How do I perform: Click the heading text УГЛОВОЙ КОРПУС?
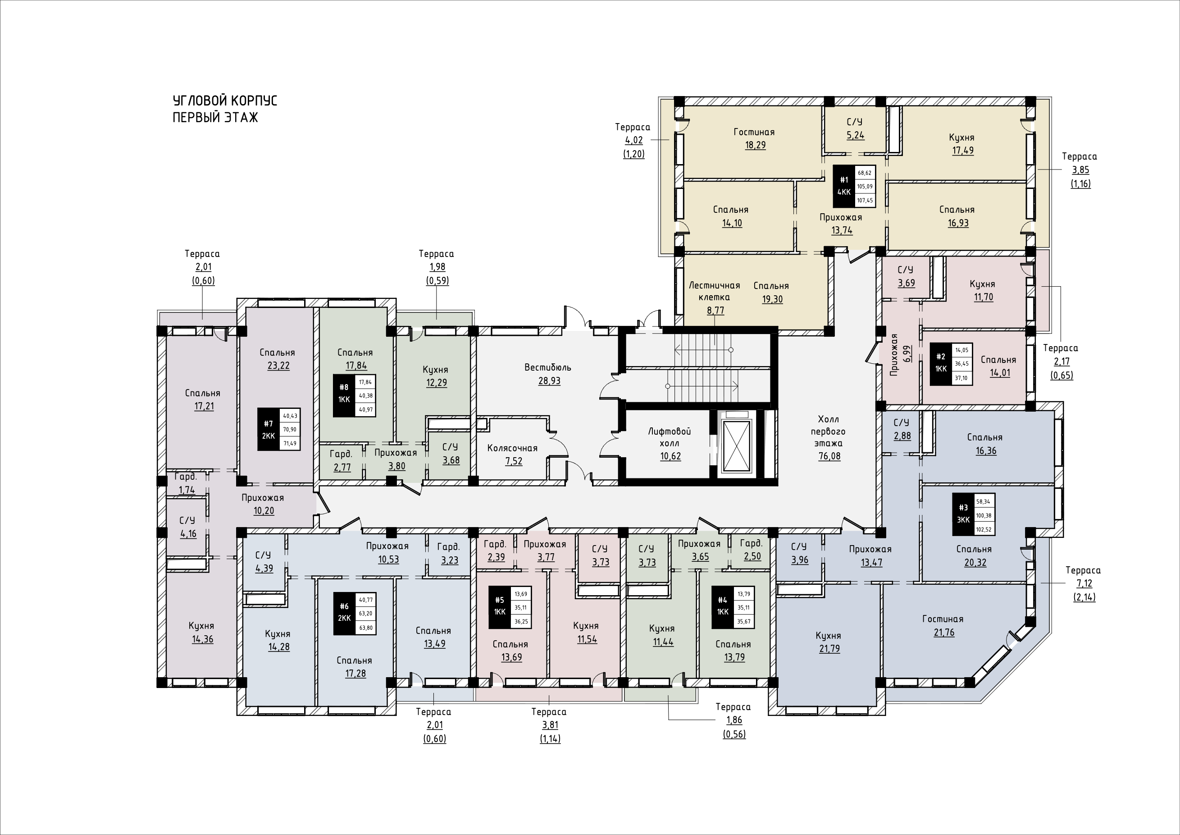pyautogui.click(x=224, y=100)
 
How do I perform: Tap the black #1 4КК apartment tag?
pyautogui.click(x=844, y=186)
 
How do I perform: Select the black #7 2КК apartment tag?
pyautogui.click(x=268, y=429)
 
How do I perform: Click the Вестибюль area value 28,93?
pyautogui.click(x=549, y=381)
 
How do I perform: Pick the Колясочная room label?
pyautogui.click(x=512, y=448)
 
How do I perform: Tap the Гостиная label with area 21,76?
pyautogui.click(x=943, y=619)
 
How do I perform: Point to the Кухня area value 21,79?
pyautogui.click(x=829, y=649)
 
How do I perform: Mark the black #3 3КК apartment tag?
pyautogui.click(x=963, y=514)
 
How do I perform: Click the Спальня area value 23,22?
pyautogui.click(x=278, y=366)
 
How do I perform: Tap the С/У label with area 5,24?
pyautogui.click(x=855, y=122)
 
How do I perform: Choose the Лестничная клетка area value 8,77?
pyautogui.click(x=715, y=311)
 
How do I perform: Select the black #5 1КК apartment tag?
pyautogui.click(x=499, y=607)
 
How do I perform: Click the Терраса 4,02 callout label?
pyautogui.click(x=633, y=127)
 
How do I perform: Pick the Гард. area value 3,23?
pyautogui.click(x=450, y=560)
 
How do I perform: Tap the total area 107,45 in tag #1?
pyautogui.click(x=865, y=201)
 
